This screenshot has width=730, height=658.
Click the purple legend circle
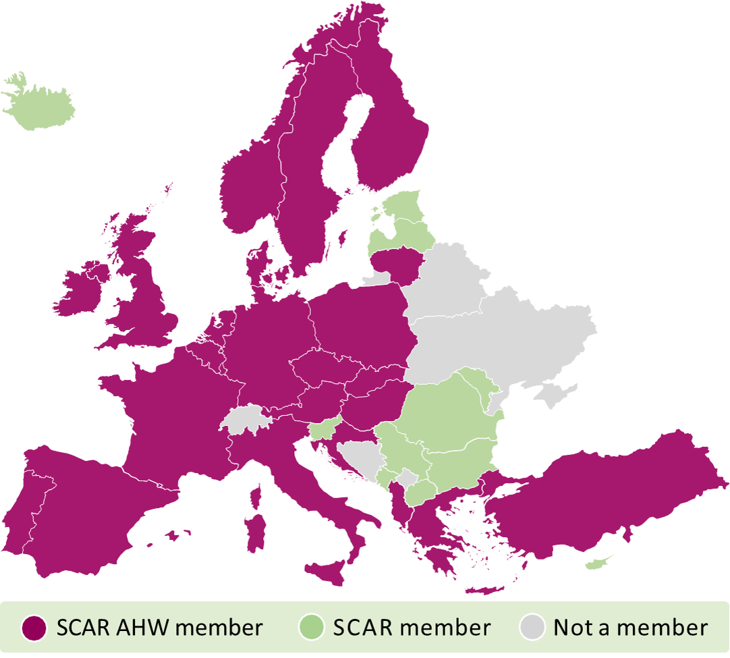pos(34,628)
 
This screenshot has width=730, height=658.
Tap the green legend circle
pos(310,628)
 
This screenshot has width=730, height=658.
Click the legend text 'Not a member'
pos(631,628)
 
